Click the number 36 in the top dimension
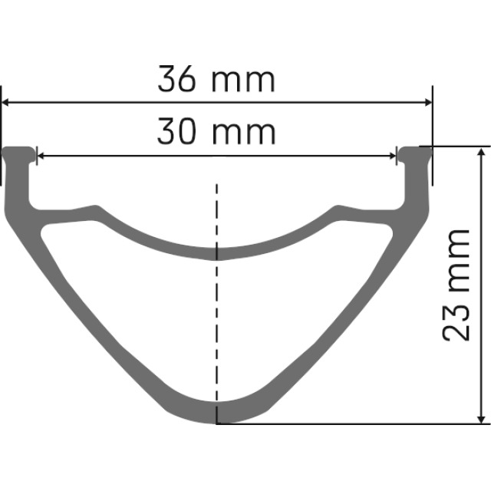point(176,80)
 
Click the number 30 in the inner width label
point(176,133)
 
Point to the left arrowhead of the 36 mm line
point(7,102)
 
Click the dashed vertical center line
point(217,307)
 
